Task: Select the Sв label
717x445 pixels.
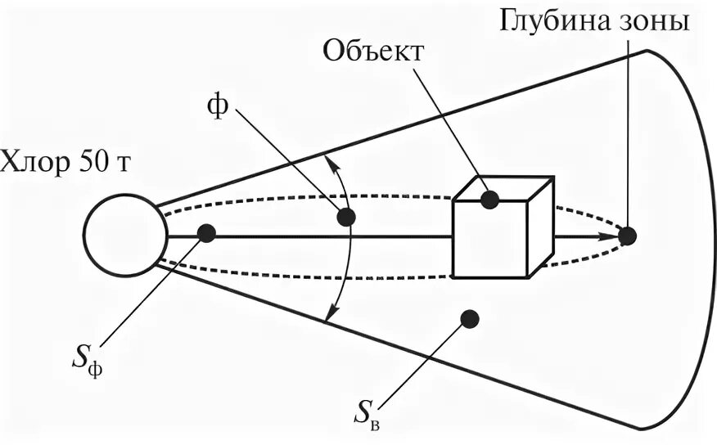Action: (365, 414)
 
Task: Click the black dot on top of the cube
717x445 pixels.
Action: (489, 199)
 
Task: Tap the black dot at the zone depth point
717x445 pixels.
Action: (627, 236)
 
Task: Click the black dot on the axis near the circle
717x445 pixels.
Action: (206, 233)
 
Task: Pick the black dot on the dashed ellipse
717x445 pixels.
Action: (346, 217)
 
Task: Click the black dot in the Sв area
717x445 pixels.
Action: (469, 318)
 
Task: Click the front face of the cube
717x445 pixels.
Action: (489, 239)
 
